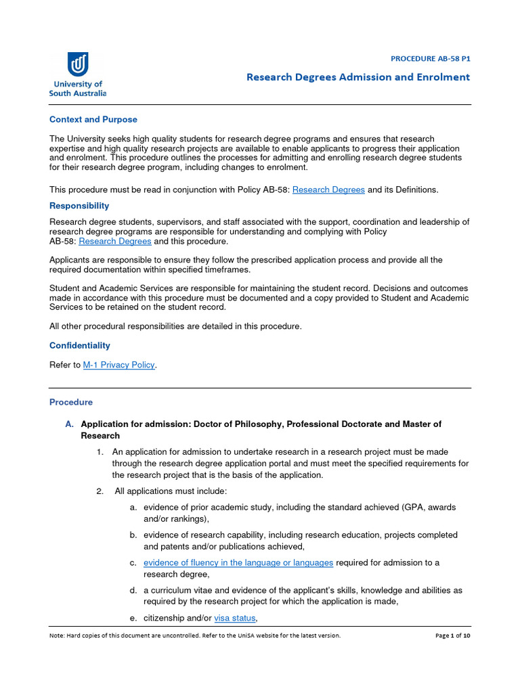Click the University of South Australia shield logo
pos(78,65)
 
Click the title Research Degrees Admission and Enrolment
pos(357,77)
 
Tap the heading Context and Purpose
pos(93,120)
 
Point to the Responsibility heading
pos(79,206)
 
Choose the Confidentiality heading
pos(79,346)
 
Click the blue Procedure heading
pos(71,402)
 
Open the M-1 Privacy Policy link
pos(118,365)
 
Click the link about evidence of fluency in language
pos(238,563)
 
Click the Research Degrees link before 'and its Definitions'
pos(328,190)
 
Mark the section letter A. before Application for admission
pos(69,424)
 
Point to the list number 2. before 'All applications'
pos(100,491)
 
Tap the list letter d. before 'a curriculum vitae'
pos(133,590)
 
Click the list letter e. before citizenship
pos(133,618)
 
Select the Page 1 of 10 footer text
pos(452,636)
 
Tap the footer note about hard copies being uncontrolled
pos(195,636)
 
